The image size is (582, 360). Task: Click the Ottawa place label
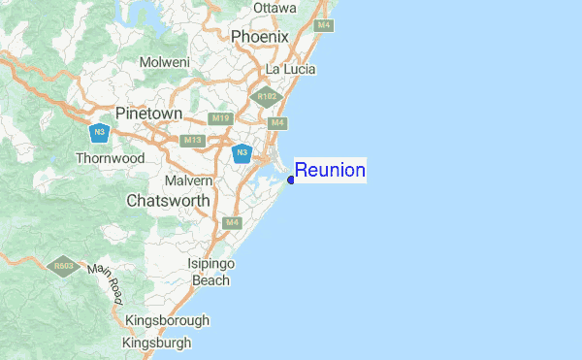(x=275, y=8)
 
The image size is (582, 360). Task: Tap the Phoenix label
(x=260, y=36)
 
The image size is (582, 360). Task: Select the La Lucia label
(x=291, y=70)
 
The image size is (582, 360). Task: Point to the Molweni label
(x=164, y=62)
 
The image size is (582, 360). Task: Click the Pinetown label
(x=148, y=114)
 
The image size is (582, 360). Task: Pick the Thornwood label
(x=110, y=158)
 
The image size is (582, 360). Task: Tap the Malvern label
(x=189, y=180)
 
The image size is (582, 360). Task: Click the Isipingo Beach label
(x=210, y=272)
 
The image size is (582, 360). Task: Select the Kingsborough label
(x=166, y=320)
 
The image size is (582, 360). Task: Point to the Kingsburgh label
(x=156, y=343)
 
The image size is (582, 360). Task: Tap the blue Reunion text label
(x=330, y=171)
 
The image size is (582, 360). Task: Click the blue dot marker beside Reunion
(x=291, y=179)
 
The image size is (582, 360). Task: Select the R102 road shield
(x=265, y=96)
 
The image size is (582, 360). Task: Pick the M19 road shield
(x=221, y=118)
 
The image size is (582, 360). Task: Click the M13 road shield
(x=193, y=140)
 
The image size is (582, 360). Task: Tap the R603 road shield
(x=65, y=265)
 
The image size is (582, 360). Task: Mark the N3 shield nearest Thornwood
(x=97, y=132)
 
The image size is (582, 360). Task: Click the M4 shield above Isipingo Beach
(x=232, y=222)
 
